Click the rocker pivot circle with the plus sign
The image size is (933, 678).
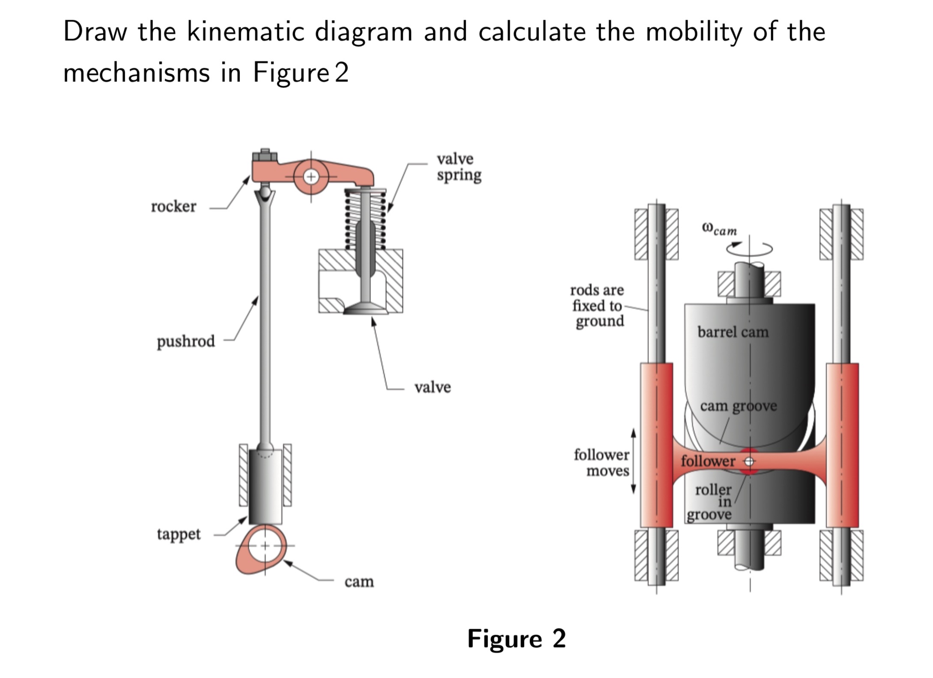click(311, 177)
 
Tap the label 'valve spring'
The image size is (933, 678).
click(459, 167)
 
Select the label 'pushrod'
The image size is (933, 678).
click(185, 342)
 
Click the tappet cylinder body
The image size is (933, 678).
click(265, 486)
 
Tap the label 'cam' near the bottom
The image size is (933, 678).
click(359, 582)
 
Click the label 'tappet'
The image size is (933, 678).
click(178, 534)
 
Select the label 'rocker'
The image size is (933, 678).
click(173, 207)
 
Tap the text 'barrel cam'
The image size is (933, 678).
click(733, 332)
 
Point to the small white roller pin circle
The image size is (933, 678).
click(749, 462)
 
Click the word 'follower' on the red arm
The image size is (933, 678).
click(708, 461)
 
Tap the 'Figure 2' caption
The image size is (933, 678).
click(516, 639)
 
